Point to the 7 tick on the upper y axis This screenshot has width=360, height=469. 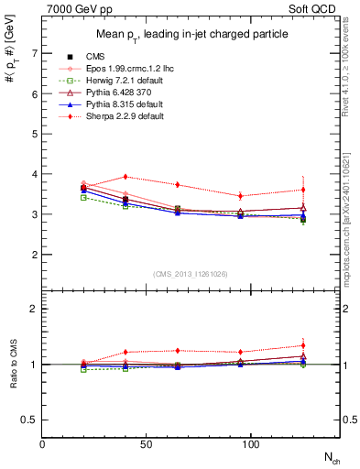click(x=35, y=53)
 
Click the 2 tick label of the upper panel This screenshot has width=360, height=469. click(x=35, y=255)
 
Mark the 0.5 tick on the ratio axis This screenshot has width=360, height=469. click(x=31, y=420)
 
